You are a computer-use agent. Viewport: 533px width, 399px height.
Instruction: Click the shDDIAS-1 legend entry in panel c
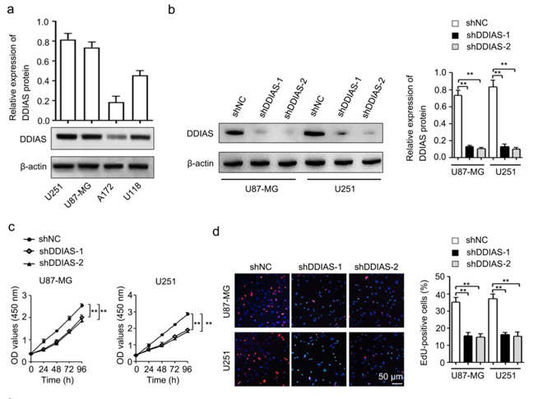[66, 250]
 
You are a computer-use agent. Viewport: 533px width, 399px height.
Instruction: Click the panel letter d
[216, 233]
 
